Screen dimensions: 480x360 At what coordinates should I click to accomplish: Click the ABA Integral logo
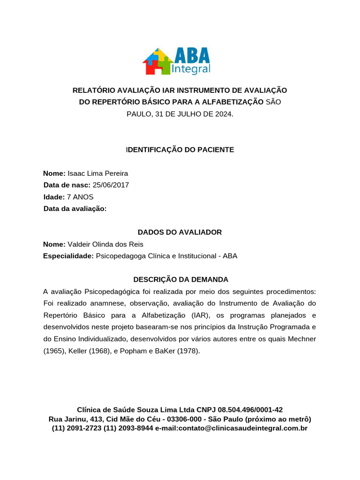176,61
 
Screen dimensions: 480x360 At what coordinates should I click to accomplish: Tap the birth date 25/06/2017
111,185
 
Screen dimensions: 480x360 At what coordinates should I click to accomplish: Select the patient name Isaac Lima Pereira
98,173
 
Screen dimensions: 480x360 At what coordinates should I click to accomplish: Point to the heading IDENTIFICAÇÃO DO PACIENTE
180,150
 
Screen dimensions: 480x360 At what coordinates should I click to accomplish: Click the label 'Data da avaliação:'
75,209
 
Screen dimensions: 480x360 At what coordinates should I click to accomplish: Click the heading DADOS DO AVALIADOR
180,232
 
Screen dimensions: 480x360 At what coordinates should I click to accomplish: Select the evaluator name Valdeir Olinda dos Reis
105,244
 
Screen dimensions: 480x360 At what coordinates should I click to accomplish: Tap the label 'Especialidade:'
68,256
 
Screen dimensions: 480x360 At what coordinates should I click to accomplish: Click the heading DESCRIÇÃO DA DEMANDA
180,279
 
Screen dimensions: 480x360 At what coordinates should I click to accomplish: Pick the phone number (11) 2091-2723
76,428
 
